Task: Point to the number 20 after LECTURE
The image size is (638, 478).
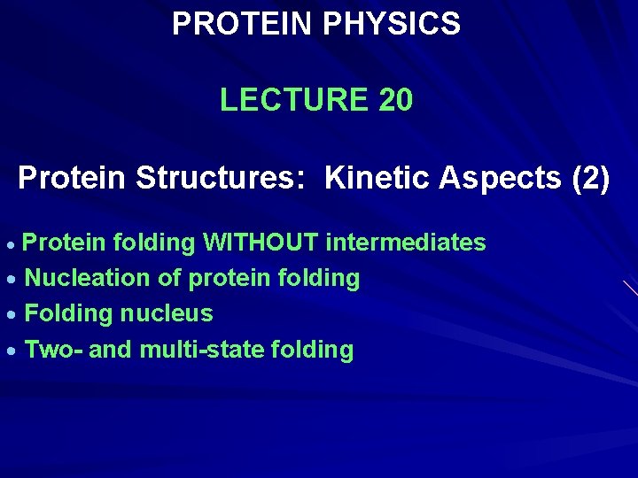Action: click(395, 100)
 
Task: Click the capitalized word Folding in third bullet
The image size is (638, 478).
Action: click(69, 313)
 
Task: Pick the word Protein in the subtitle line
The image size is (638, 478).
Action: click(73, 178)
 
